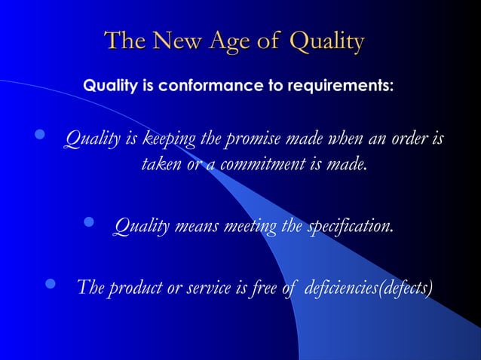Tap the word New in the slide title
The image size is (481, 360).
click(176, 41)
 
